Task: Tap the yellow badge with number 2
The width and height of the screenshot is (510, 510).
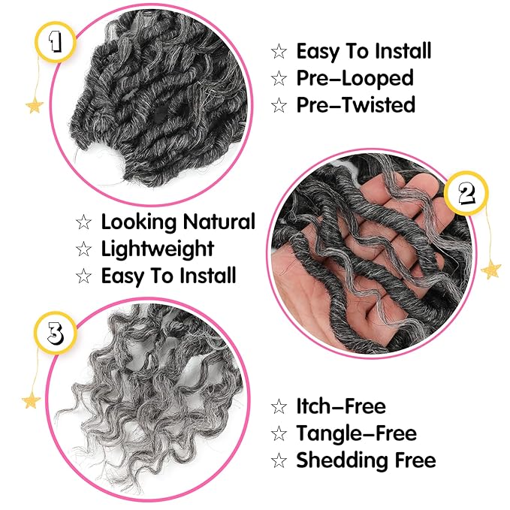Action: pyautogui.click(x=467, y=195)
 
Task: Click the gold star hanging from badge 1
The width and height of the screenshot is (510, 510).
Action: pyautogui.click(x=35, y=104)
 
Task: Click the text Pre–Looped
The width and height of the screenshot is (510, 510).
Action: pyautogui.click(x=355, y=77)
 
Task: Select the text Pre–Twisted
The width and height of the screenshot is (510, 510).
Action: pyautogui.click(x=355, y=104)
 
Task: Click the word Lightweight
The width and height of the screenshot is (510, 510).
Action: pyautogui.click(x=158, y=249)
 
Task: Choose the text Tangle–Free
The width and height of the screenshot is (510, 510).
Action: pyautogui.click(x=356, y=433)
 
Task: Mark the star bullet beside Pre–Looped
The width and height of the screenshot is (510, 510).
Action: pyautogui.click(x=279, y=78)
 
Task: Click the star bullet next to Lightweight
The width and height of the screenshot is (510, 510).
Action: pyautogui.click(x=83, y=249)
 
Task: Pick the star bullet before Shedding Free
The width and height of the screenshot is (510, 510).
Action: pyautogui.click(x=279, y=460)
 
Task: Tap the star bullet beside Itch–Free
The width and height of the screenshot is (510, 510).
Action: pyautogui.click(x=279, y=407)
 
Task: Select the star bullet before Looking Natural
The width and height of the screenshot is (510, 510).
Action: pyautogui.click(x=83, y=222)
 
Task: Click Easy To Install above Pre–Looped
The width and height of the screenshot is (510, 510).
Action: pyautogui.click(x=364, y=51)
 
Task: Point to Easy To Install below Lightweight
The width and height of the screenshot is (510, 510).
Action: pyautogui.click(x=168, y=276)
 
